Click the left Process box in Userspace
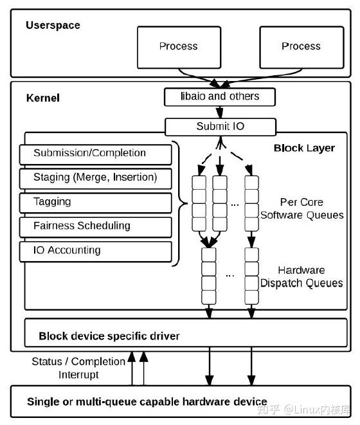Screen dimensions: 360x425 (179, 47)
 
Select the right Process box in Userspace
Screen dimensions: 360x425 (301, 47)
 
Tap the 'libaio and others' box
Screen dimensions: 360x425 (220, 96)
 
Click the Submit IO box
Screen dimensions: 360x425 (221, 127)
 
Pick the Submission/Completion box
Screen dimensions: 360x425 (95, 154)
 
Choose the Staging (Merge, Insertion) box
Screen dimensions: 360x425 (95, 179)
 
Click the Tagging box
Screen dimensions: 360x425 (95, 203)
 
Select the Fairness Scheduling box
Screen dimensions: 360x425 (95, 227)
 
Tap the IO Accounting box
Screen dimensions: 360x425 (95, 251)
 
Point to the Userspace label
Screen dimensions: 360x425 (53, 25)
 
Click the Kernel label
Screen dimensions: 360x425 (43, 98)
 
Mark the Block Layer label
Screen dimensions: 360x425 (304, 149)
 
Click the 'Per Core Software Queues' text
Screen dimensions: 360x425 (301, 208)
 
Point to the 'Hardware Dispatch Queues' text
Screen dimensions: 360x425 (301, 276)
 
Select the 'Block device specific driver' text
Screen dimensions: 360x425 (109, 336)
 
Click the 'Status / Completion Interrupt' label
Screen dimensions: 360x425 (78, 368)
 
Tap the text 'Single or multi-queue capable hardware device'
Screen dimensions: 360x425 (147, 402)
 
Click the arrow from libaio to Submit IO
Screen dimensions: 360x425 (220, 112)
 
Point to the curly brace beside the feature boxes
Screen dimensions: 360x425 (180, 203)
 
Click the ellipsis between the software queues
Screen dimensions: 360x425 (235, 205)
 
